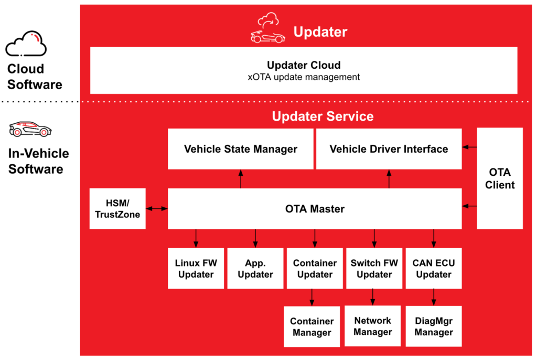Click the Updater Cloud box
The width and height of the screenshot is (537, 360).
pyautogui.click(x=304, y=70)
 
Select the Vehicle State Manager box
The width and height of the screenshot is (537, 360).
pyautogui.click(x=240, y=149)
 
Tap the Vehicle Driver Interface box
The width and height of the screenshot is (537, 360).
pyautogui.click(x=389, y=149)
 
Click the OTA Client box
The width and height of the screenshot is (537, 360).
pyautogui.click(x=500, y=178)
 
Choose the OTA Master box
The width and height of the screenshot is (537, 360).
pyautogui.click(x=315, y=209)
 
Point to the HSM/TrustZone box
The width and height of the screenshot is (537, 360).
pyautogui.click(x=117, y=208)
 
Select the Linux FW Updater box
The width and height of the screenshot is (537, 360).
pyautogui.click(x=196, y=268)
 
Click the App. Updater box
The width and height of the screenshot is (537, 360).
pyautogui.click(x=255, y=268)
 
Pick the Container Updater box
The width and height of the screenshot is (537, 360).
pyautogui.click(x=315, y=268)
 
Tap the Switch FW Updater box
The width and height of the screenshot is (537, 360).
pyautogui.click(x=374, y=268)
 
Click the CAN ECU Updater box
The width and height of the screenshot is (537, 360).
pyautogui.click(x=434, y=268)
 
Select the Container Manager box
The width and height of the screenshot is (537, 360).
pyautogui.click(x=312, y=326)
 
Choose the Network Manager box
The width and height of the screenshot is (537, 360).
pyautogui.click(x=372, y=326)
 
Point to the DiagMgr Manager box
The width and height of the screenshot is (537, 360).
pyautogui.click(x=434, y=326)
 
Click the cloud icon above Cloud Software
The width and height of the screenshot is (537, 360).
pyautogui.click(x=26, y=44)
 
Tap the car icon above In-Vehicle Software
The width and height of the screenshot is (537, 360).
pyautogui.click(x=30, y=129)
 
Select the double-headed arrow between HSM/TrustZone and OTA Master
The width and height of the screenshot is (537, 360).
pyautogui.click(x=157, y=209)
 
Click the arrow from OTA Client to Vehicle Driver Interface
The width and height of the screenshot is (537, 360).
pyautogui.click(x=469, y=147)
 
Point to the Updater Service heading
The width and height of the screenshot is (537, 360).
pyautogui.click(x=323, y=116)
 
